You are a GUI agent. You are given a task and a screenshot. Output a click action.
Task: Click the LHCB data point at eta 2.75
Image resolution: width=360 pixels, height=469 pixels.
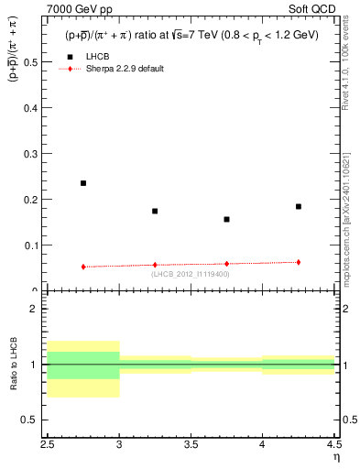[83, 183]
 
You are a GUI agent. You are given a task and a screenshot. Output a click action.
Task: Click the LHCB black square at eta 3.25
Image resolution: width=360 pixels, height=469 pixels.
[155, 211]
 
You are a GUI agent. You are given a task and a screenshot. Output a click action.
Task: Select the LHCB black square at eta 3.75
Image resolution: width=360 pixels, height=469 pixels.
[226, 219]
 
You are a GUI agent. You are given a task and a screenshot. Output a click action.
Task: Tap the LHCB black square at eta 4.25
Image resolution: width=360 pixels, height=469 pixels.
[298, 206]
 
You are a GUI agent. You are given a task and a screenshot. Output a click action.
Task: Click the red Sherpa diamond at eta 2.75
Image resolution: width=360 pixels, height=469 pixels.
[83, 267]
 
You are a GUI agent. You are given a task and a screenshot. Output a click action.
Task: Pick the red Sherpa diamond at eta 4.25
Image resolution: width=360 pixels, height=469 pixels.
[298, 262]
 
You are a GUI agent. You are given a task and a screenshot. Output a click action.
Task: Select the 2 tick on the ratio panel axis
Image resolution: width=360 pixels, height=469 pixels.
[38, 309]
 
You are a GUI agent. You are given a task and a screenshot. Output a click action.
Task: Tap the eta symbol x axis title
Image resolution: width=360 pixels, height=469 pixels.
[335, 456]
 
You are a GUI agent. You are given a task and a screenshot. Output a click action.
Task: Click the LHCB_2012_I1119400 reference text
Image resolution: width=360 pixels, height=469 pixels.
[191, 274]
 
